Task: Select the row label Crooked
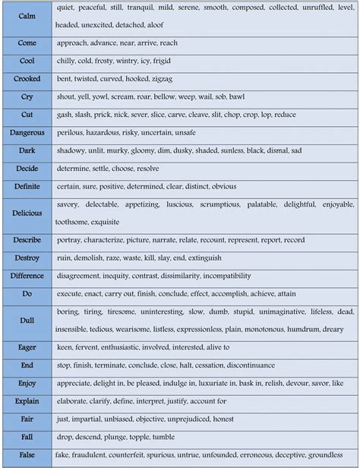point(27,79)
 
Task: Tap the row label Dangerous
point(27,133)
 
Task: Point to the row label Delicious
point(27,213)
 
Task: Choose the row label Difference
point(27,276)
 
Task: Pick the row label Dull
point(27,321)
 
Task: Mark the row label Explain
point(27,400)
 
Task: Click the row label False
point(27,454)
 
